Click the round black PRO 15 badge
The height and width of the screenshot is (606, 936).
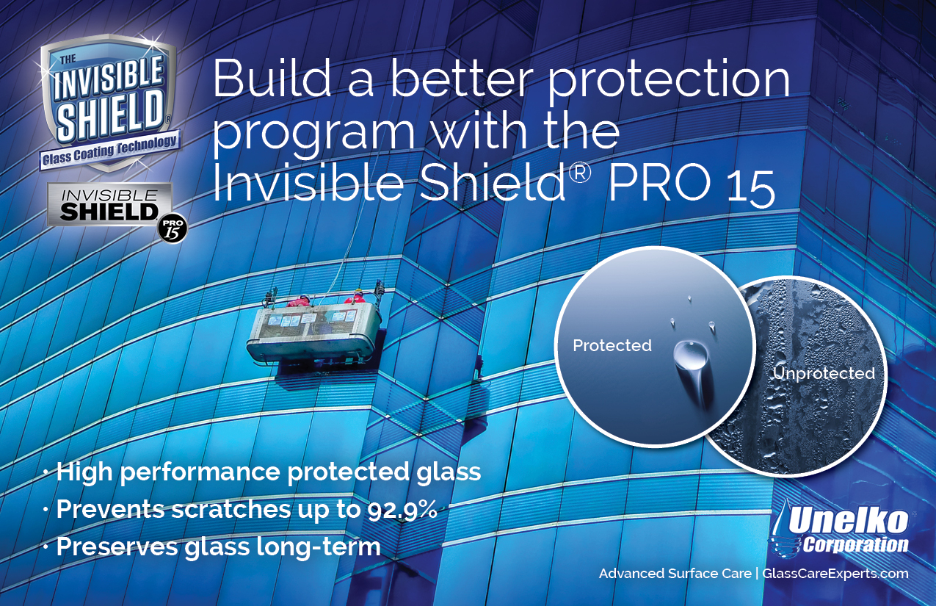coord(173,229)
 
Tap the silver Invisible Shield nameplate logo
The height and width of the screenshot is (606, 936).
coord(109,205)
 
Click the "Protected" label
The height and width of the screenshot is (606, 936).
coord(612,345)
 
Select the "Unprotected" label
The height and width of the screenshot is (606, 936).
coord(823,373)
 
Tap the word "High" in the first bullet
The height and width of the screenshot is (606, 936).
coord(85,472)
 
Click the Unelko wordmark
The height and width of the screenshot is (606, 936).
coord(848,523)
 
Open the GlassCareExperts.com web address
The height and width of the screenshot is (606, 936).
coord(835,574)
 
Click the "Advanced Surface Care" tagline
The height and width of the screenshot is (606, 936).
coord(675,573)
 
